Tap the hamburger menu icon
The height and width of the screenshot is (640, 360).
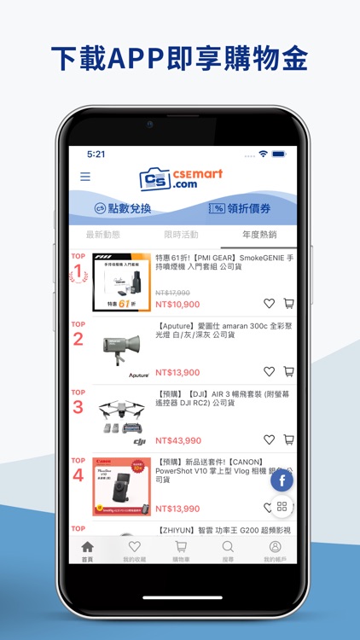[85, 177]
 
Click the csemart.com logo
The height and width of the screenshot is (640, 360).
[180, 179]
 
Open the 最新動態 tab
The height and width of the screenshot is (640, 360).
[103, 235]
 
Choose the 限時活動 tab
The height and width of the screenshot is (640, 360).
[181, 235]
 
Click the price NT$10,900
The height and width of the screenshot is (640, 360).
[177, 304]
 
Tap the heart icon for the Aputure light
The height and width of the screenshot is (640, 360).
[269, 371]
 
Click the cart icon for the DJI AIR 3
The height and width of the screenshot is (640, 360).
[288, 439]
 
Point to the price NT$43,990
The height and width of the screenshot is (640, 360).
[177, 440]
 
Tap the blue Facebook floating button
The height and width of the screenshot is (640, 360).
[282, 480]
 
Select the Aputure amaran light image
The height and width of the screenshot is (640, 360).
[121, 350]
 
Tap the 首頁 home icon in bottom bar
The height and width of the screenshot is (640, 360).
[87, 550]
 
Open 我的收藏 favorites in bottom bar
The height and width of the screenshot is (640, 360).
[134, 550]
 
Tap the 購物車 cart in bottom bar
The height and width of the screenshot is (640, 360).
[181, 550]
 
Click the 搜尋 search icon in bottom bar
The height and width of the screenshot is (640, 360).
[228, 550]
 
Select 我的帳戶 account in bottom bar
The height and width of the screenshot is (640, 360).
[275, 550]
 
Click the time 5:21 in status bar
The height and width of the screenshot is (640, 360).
[96, 154]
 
